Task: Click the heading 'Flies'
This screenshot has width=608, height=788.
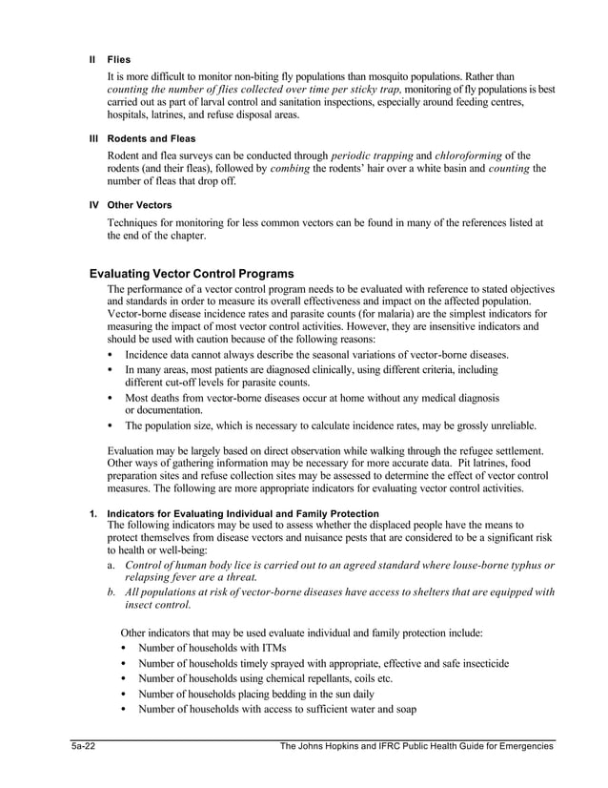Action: tap(118, 58)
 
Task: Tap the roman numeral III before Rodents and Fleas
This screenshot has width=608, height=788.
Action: tap(93, 138)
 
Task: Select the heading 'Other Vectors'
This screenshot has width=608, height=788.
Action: tap(139, 204)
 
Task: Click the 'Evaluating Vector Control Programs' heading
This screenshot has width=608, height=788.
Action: tap(191, 274)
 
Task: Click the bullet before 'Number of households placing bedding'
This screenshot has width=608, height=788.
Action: tap(125, 694)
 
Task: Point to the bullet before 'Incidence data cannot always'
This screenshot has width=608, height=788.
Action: tap(111, 353)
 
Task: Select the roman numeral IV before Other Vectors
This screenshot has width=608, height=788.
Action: tap(93, 204)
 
